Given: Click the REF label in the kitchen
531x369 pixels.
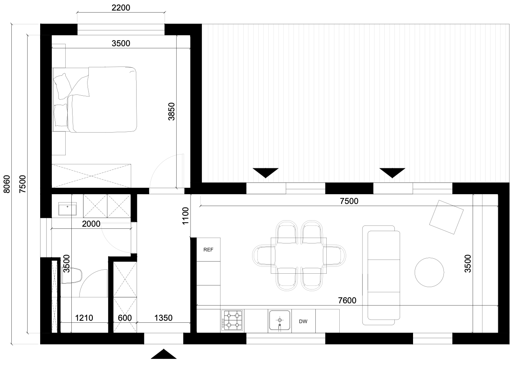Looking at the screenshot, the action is pos(208,249).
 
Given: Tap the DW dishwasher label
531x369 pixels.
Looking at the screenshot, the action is pos(303,321).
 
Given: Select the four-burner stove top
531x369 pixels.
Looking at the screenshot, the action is pos(232,320).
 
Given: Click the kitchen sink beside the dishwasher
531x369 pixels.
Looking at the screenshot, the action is pos(280,320).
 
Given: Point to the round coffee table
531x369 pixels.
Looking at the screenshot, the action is pos(429,272).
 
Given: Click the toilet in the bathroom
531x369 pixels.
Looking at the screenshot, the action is pos(72,276).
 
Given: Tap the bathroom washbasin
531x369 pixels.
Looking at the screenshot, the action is pos(68,209).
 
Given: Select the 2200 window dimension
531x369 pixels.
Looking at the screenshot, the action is pos(121,8).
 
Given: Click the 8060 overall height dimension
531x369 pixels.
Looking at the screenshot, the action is pos(7,184).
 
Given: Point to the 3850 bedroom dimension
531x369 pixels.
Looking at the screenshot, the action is pos(171,112).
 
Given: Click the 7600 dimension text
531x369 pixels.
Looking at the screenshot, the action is pos(347,300).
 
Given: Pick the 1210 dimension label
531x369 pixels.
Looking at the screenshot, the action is pos(84,318).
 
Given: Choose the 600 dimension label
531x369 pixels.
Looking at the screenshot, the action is pos(125,318).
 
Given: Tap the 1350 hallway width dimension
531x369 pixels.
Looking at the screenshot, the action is pos(163,318).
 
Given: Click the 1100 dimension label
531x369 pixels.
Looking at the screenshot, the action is pos(185,216).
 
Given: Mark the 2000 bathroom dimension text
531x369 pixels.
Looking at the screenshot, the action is pos(91,223).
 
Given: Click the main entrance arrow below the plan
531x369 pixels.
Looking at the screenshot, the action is pos(164,354).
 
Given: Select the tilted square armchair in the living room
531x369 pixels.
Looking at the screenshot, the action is pos(446,217).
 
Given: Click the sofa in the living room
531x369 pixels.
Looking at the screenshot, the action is pos(381,275).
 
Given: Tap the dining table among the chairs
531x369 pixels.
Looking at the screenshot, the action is pos(299,255).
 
